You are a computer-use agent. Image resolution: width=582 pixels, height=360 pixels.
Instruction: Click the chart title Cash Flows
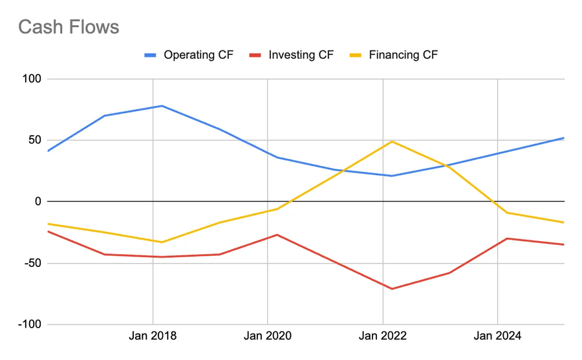(x=69, y=27)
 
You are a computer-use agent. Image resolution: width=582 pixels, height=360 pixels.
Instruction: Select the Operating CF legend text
(x=199, y=55)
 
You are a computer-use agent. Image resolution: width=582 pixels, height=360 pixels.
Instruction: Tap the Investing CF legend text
(x=301, y=55)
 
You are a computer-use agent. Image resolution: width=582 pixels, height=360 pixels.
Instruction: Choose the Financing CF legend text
(x=403, y=55)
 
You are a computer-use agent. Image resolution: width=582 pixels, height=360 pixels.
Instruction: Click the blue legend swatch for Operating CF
(x=151, y=55)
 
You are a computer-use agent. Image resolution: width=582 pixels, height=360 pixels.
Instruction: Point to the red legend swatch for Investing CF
(x=255, y=55)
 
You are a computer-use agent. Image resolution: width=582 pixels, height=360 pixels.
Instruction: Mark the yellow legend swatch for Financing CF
(x=356, y=55)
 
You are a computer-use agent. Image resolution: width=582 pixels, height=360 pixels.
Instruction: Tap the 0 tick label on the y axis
(x=38, y=202)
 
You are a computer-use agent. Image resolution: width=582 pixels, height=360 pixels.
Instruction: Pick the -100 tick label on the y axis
(x=28, y=324)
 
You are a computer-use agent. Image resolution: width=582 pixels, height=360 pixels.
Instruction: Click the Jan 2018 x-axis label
(x=153, y=336)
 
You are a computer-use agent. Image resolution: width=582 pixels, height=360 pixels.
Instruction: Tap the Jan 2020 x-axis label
(x=268, y=336)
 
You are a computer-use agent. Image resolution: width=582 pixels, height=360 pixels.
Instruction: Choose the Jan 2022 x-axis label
(x=383, y=336)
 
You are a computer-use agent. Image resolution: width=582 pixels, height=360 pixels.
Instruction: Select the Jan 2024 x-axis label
(x=497, y=336)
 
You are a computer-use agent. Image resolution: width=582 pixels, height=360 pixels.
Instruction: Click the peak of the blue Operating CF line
(x=162, y=105)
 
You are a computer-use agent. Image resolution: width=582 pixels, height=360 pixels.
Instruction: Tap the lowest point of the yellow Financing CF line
(x=162, y=242)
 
